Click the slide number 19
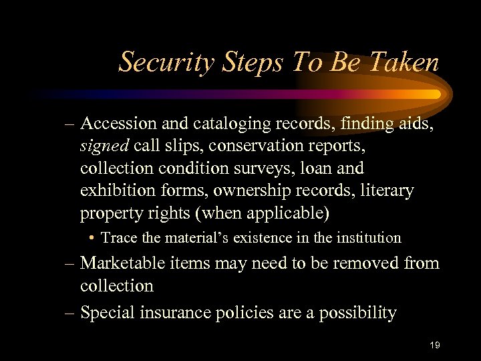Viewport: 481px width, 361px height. point(435,345)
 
